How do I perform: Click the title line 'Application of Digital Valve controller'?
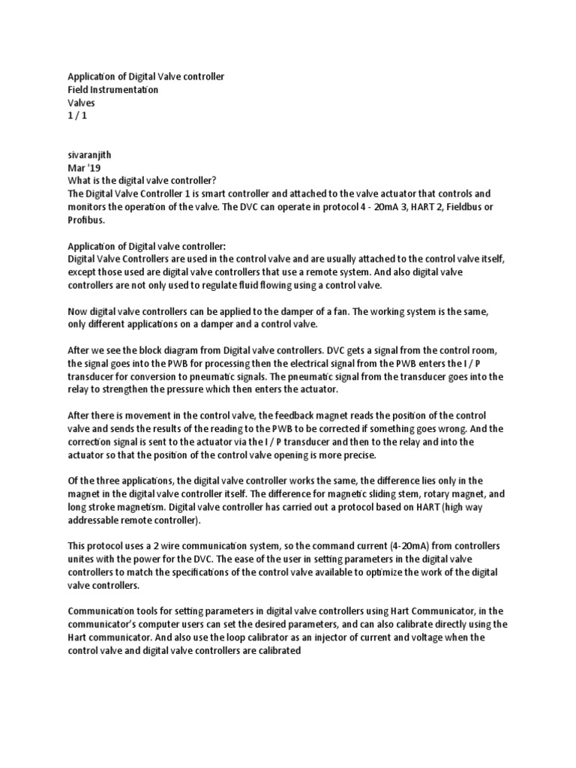click(x=145, y=76)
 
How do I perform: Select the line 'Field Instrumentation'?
click(x=112, y=89)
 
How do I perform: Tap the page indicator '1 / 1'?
click(x=78, y=115)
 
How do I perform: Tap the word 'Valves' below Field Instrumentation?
click(x=82, y=103)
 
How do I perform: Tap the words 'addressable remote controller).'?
click(x=136, y=519)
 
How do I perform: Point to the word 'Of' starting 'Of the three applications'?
click(x=73, y=480)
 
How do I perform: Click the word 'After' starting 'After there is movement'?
click(x=80, y=415)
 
